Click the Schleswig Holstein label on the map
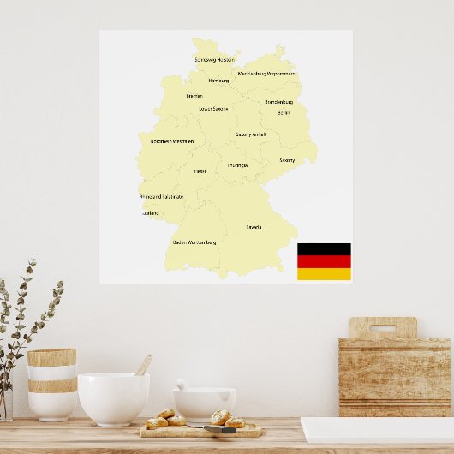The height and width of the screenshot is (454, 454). click(x=214, y=60)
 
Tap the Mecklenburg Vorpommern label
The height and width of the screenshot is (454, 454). click(x=266, y=74)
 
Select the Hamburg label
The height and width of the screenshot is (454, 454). click(x=218, y=81)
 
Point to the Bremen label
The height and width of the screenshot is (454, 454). click(x=194, y=96)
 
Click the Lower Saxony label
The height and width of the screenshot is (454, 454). click(x=213, y=109)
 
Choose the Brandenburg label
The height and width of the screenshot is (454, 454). click(x=278, y=102)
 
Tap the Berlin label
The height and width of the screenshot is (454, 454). click(x=284, y=112)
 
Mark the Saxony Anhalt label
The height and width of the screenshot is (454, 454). click(x=251, y=134)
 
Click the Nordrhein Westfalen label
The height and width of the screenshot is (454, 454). click(x=171, y=141)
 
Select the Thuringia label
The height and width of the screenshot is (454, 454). click(x=237, y=165)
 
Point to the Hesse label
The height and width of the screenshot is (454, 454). click(x=200, y=171)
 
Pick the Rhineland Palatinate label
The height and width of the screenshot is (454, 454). click(x=161, y=197)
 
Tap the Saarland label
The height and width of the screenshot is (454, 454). click(x=150, y=213)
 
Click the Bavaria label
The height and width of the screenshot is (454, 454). click(x=254, y=227)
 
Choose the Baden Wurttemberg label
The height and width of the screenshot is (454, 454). click(x=194, y=242)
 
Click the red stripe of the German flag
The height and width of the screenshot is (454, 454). click(x=324, y=261)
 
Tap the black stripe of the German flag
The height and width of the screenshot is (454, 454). click(x=324, y=249)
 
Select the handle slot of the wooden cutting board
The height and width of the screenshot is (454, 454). click(x=382, y=328)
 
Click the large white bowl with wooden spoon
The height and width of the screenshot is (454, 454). click(x=113, y=398)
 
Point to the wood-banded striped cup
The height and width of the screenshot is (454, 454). click(x=52, y=384)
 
